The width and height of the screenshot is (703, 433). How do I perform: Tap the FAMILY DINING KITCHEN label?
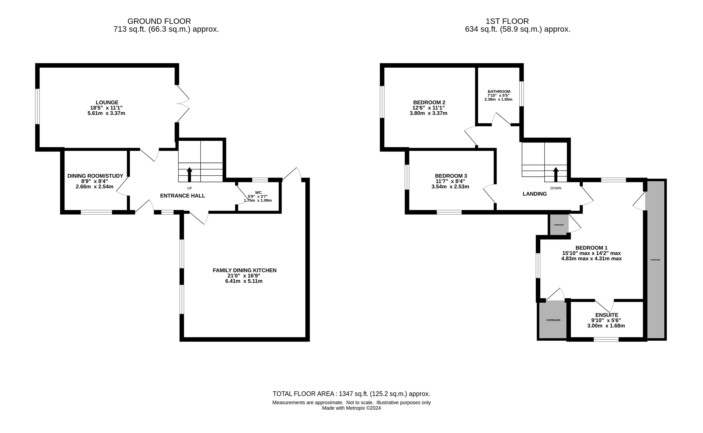pyautogui.click(x=244, y=270)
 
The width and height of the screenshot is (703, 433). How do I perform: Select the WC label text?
pyautogui.click(x=258, y=193)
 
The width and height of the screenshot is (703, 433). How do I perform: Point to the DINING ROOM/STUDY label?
pyautogui.click(x=95, y=176)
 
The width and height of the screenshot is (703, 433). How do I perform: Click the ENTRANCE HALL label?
pyautogui.click(x=183, y=196)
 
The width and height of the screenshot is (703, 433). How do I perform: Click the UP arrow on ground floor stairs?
pyautogui.click(x=189, y=174)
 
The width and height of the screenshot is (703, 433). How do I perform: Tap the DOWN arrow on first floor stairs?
pyautogui.click(x=556, y=174)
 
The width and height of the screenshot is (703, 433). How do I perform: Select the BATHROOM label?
pyautogui.click(x=499, y=92)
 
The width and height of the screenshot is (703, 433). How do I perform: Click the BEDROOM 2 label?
pyautogui.click(x=429, y=102)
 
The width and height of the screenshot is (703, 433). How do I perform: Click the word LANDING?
pyautogui.click(x=535, y=194)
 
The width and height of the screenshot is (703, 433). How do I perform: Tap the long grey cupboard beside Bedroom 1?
pyautogui.click(x=656, y=260)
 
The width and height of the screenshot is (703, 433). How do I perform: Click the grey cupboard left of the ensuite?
pyautogui.click(x=553, y=320)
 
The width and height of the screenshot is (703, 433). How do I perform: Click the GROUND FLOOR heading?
pyautogui.click(x=159, y=21)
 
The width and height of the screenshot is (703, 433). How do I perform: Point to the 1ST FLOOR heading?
pyautogui.click(x=507, y=21)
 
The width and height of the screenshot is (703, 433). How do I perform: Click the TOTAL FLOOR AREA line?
pyautogui.click(x=351, y=394)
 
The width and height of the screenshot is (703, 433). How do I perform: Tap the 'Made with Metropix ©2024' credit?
pyautogui.click(x=351, y=408)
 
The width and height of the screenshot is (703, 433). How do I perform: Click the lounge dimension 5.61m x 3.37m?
pyautogui.click(x=106, y=113)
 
